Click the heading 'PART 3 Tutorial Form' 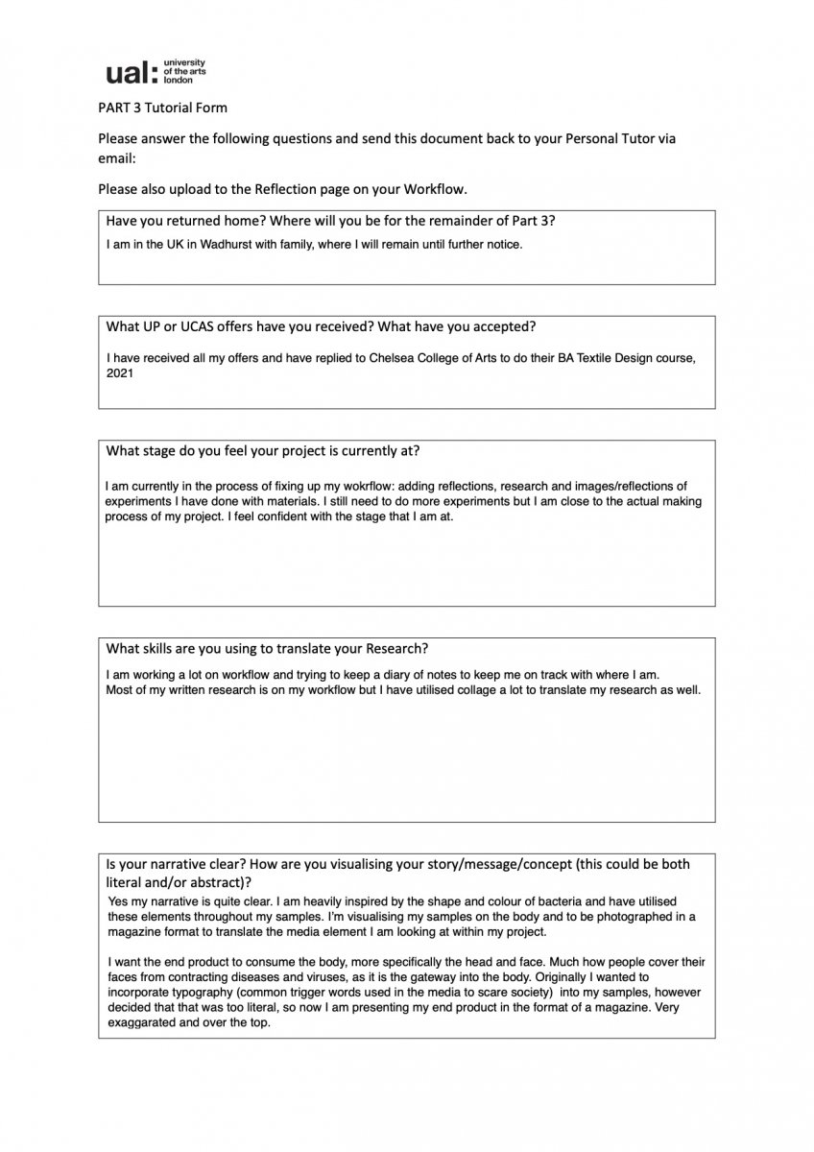coord(162,108)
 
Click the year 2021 coord(119,373)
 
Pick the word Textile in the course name coord(592,358)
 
